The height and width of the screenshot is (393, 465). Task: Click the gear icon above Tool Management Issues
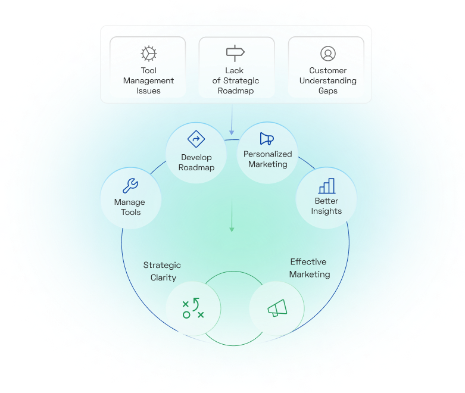(148, 54)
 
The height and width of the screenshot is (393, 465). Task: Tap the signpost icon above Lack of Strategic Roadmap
(235, 54)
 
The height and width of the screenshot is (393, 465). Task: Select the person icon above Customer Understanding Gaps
(327, 54)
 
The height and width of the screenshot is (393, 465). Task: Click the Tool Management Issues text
(148, 81)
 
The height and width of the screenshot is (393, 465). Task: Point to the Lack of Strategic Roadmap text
(235, 81)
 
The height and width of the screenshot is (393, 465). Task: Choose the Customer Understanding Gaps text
(327, 81)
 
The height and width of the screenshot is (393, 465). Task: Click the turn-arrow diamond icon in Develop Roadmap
(196, 139)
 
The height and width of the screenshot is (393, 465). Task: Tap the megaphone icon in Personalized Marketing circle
(267, 139)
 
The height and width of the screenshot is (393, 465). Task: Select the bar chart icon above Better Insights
(326, 186)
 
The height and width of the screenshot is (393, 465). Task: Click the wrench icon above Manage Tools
(129, 186)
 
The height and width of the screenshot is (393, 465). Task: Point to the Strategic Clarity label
(163, 272)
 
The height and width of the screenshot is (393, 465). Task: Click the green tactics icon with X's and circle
(193, 307)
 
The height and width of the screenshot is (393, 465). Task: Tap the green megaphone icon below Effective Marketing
(277, 308)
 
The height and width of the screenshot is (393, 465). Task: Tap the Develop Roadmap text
(196, 163)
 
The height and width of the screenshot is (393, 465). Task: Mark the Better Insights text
(326, 206)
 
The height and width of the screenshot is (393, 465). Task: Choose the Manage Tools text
(129, 207)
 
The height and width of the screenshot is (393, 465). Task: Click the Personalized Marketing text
(267, 159)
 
